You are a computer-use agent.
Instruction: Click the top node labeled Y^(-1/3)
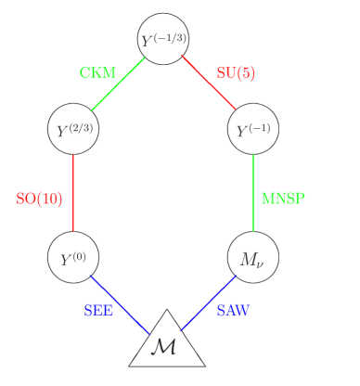click(x=163, y=39)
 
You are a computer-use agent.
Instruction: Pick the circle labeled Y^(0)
click(x=73, y=257)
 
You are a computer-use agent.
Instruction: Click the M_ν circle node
click(x=253, y=257)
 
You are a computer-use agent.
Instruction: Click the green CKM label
click(x=97, y=73)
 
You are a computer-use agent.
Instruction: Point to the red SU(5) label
click(x=236, y=73)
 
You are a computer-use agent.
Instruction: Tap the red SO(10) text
click(x=40, y=199)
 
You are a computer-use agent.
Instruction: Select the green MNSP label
click(x=283, y=199)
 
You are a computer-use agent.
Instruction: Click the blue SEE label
click(x=98, y=311)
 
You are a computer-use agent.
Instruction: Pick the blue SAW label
click(x=232, y=311)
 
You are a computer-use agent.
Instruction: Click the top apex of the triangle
click(x=167, y=311)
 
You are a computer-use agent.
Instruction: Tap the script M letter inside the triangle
click(x=163, y=348)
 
